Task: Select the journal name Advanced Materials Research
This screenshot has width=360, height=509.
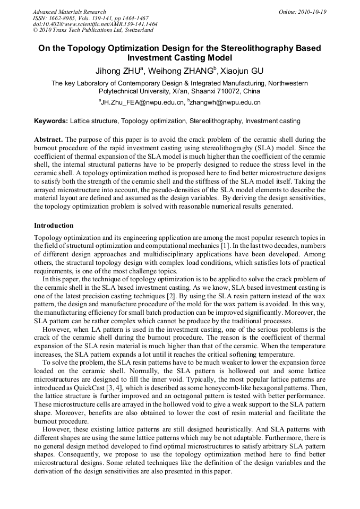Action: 69,12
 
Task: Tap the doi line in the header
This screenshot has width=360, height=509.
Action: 95,24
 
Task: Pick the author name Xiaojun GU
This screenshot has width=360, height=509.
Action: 245,71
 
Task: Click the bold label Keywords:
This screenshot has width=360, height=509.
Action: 51,121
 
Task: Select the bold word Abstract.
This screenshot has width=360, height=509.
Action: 48,139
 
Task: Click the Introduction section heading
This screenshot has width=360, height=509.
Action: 54,226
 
